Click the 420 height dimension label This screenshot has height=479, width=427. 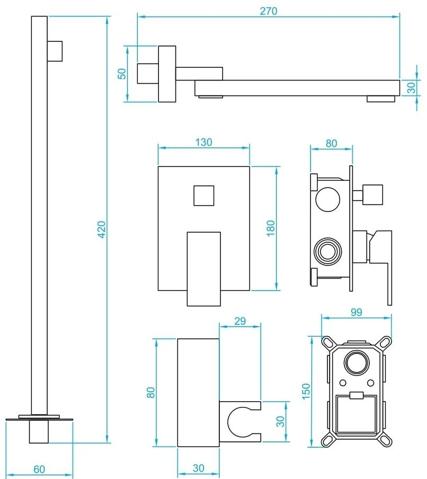click(x=102, y=229)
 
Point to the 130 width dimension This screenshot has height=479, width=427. click(x=203, y=142)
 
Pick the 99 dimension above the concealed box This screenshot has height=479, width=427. click(x=356, y=312)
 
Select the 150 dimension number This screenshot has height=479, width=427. click(x=306, y=393)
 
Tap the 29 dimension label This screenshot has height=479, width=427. click(x=240, y=321)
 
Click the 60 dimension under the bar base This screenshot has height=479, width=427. click(x=40, y=469)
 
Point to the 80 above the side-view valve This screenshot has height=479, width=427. click(x=331, y=143)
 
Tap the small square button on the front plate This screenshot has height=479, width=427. click(x=203, y=196)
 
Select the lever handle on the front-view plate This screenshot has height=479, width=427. click(x=203, y=268)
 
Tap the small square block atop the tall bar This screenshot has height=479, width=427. click(x=55, y=51)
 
